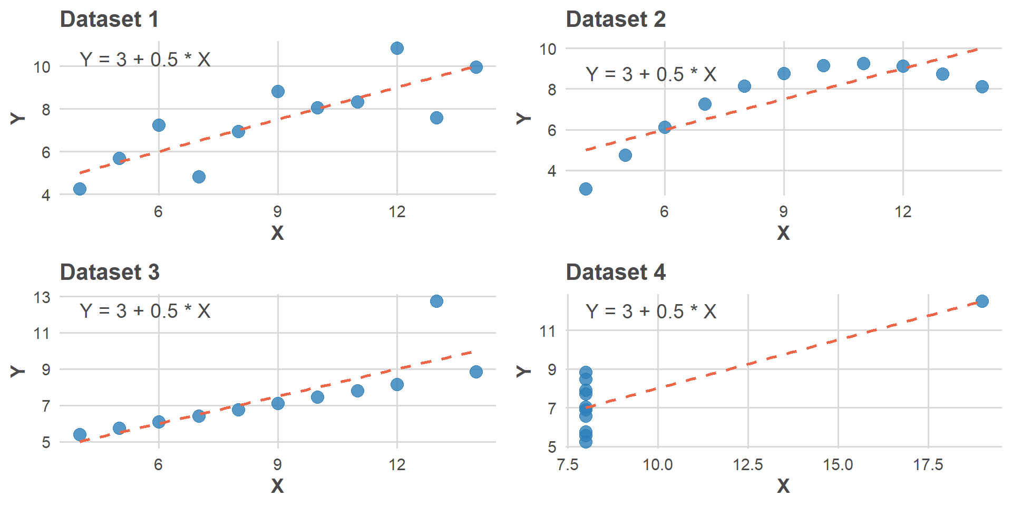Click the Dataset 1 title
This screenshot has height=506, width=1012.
109,20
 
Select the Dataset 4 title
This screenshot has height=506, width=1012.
615,273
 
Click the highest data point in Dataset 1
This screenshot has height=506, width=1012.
397,48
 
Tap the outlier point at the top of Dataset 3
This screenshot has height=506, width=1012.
436,301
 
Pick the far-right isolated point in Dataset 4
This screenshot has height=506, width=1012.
982,301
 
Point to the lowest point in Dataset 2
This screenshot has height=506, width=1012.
586,189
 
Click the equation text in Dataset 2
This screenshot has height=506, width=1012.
651,74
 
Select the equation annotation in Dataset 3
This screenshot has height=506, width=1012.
145,311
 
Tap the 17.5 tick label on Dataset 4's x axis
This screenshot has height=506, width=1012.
928,464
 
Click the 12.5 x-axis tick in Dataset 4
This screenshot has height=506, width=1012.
747,464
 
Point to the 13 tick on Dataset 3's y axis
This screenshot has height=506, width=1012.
42,297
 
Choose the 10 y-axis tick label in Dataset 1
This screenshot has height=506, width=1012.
42,67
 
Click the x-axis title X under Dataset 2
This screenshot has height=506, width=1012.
783,232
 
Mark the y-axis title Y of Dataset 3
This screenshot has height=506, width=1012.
18,371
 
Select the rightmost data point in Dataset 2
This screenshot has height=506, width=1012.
982,86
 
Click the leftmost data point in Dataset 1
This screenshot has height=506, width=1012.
80,189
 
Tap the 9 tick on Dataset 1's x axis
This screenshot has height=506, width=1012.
278,211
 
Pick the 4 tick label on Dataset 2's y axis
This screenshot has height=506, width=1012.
552,171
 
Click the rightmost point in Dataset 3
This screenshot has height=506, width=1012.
476,372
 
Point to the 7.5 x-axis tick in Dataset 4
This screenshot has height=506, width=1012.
568,464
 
